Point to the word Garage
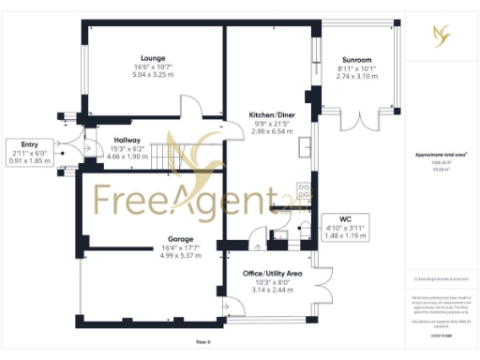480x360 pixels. click(x=155, y=240)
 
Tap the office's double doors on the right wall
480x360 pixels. click(x=324, y=283)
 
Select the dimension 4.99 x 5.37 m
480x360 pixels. click(x=155, y=255)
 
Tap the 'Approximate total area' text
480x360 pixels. click(x=441, y=155)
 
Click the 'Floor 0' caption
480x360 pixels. click(x=202, y=342)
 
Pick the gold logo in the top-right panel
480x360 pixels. click(x=441, y=36)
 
